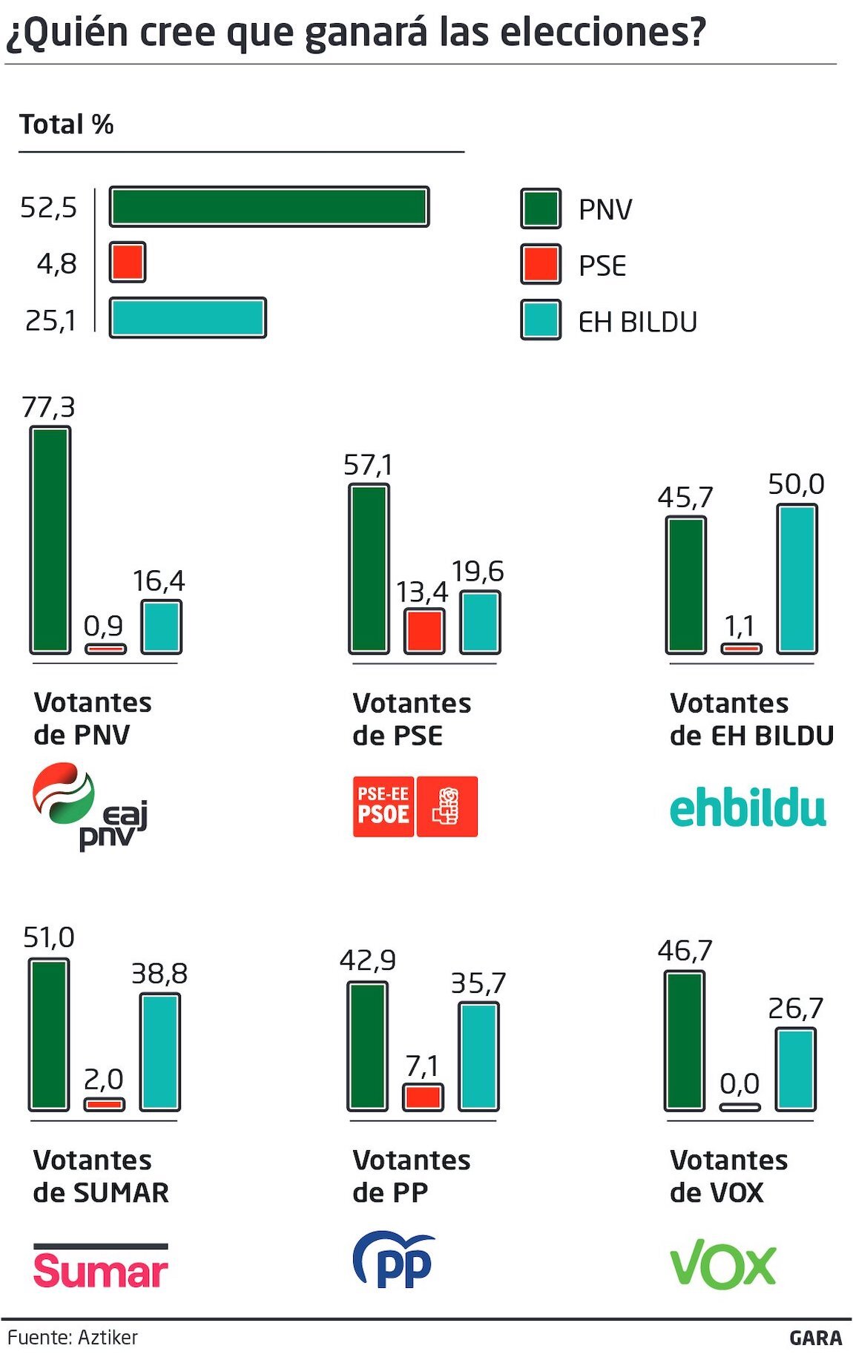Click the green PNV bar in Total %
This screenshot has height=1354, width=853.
(269, 207)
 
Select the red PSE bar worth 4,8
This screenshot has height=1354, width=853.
(128, 262)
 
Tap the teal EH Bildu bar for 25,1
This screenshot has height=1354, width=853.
(188, 318)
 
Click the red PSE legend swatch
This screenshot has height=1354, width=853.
(541, 265)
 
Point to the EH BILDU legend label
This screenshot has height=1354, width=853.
(637, 322)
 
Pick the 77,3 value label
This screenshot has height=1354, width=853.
(48, 407)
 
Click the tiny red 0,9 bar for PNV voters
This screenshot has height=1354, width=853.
(105, 649)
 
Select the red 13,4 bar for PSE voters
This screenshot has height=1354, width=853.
(424, 631)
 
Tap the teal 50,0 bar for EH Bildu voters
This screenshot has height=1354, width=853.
(797, 579)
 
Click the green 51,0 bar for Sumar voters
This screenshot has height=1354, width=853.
(49, 1034)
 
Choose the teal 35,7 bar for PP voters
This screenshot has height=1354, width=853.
(478, 1056)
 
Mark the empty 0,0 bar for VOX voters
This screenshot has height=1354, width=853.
(740, 1107)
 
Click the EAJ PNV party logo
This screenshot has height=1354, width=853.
(90, 805)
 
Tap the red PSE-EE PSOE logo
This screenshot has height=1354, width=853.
(415, 807)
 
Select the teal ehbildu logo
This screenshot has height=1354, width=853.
(748, 808)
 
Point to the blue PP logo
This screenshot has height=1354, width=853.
(394, 1260)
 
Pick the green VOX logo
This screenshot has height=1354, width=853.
(722, 1264)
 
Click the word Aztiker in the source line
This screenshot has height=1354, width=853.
(108, 1337)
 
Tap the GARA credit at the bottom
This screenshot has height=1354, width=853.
(815, 1338)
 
